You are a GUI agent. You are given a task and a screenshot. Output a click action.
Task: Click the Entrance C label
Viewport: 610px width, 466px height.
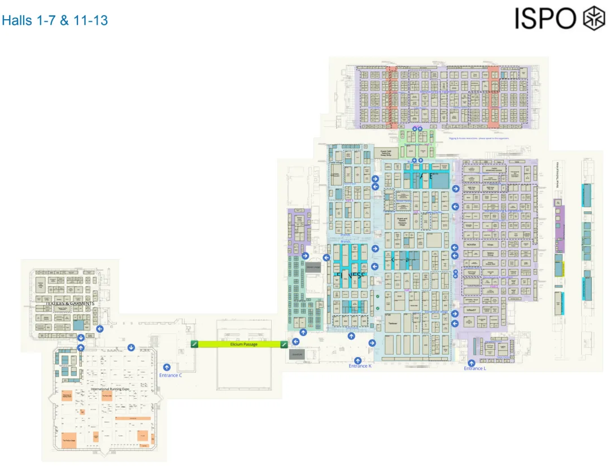click(170, 375)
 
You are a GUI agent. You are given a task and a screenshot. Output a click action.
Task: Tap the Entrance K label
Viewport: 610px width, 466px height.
click(360, 367)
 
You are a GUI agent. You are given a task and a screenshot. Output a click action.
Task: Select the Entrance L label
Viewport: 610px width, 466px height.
click(474, 369)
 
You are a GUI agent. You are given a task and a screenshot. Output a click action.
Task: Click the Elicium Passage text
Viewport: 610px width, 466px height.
click(243, 344)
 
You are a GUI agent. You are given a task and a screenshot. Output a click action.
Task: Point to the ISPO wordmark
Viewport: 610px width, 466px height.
click(544, 19)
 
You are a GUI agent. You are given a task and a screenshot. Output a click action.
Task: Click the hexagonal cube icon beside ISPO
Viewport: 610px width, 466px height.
click(594, 18)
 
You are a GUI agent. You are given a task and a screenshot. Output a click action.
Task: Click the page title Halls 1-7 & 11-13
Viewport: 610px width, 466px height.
click(54, 21)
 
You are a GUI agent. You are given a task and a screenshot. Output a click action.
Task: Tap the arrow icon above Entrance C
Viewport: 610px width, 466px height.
click(167, 367)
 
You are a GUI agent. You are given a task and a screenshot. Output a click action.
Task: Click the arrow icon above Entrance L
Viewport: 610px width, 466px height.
click(472, 363)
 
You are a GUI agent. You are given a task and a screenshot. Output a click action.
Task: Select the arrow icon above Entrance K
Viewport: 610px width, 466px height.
click(358, 360)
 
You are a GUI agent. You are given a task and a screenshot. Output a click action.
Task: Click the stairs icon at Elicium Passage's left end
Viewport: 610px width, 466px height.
click(194, 344)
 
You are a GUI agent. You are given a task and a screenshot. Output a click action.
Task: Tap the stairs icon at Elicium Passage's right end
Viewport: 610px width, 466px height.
click(284, 344)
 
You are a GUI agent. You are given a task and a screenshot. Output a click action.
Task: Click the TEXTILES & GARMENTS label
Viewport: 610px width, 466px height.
click(70, 304)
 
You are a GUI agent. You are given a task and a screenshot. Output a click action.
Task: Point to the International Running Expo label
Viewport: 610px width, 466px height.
click(111, 389)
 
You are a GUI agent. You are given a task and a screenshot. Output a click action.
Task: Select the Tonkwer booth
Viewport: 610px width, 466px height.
click(393, 324)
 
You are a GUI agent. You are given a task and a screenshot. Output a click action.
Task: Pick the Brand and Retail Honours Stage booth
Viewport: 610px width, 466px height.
click(402, 221)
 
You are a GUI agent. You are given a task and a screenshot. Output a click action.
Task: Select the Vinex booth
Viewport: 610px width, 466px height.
click(490, 245)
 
